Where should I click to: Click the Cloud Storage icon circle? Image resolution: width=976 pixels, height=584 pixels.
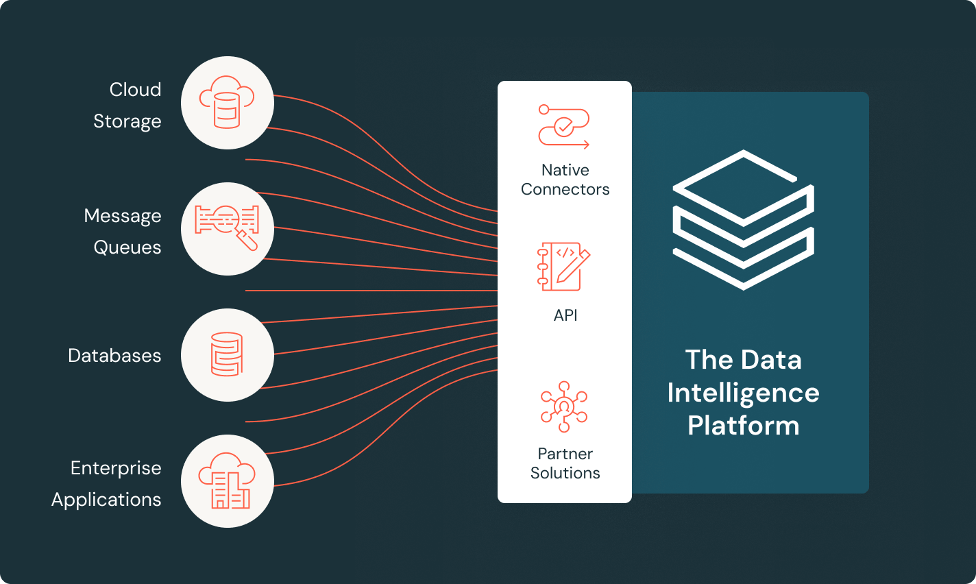[228, 103]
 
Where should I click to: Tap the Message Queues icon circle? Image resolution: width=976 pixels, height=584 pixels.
[228, 229]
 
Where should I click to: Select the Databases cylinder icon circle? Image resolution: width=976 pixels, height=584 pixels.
[228, 355]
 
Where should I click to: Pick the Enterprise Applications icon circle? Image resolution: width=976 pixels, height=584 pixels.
[228, 481]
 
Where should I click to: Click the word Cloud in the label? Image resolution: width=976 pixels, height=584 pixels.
[135, 90]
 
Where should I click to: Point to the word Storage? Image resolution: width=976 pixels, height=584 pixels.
[127, 121]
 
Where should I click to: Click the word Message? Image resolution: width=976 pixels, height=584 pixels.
[123, 216]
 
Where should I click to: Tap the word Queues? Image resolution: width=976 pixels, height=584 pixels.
[127, 247]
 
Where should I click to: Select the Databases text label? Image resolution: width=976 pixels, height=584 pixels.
[114, 356]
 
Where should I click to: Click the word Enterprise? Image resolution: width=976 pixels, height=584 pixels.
[116, 468]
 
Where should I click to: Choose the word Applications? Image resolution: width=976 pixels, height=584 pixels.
[106, 500]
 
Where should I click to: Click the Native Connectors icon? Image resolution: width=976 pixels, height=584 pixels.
[564, 127]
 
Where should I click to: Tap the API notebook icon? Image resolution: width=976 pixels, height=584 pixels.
[564, 266]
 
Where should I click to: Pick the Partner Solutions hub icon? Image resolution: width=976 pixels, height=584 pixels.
[564, 406]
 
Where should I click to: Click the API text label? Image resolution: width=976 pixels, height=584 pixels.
[565, 315]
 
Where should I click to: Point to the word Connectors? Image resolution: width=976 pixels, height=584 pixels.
[565, 189]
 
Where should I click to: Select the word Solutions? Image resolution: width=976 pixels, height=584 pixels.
[565, 473]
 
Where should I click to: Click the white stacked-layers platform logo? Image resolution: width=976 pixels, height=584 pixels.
[744, 219]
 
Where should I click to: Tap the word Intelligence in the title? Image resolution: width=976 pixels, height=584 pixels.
[743, 393]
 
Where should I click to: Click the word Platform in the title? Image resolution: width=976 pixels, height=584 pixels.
[744, 426]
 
